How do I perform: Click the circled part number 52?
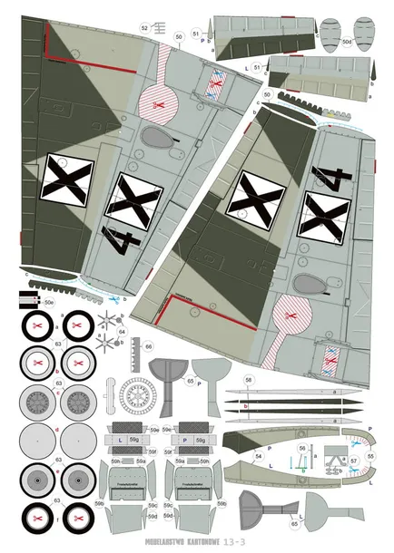pos(144,28)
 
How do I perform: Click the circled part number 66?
pos(149,345)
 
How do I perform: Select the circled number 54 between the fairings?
pos(259,456)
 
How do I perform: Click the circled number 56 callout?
pos(302,449)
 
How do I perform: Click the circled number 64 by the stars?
pos(123,332)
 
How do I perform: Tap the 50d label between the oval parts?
pos(347,42)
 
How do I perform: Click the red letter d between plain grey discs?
pos(56,430)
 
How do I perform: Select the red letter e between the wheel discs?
pos(56,471)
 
